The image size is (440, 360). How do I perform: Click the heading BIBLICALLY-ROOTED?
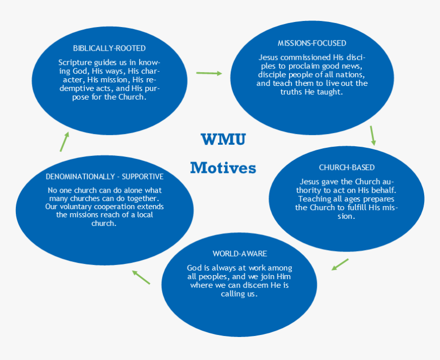pos(109,49)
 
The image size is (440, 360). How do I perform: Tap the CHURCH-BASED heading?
pos(346,168)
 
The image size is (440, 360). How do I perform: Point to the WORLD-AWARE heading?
pos(239,254)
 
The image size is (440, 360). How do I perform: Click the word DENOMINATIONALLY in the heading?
pos(80,176)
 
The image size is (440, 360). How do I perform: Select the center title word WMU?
pos(223,139)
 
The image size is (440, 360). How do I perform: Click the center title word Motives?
pos(223,168)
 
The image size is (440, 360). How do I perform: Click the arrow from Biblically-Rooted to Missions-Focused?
pos(209,73)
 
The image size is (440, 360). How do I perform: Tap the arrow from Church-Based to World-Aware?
pos(340,264)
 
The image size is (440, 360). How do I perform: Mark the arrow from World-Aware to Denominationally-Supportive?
pos(141,277)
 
